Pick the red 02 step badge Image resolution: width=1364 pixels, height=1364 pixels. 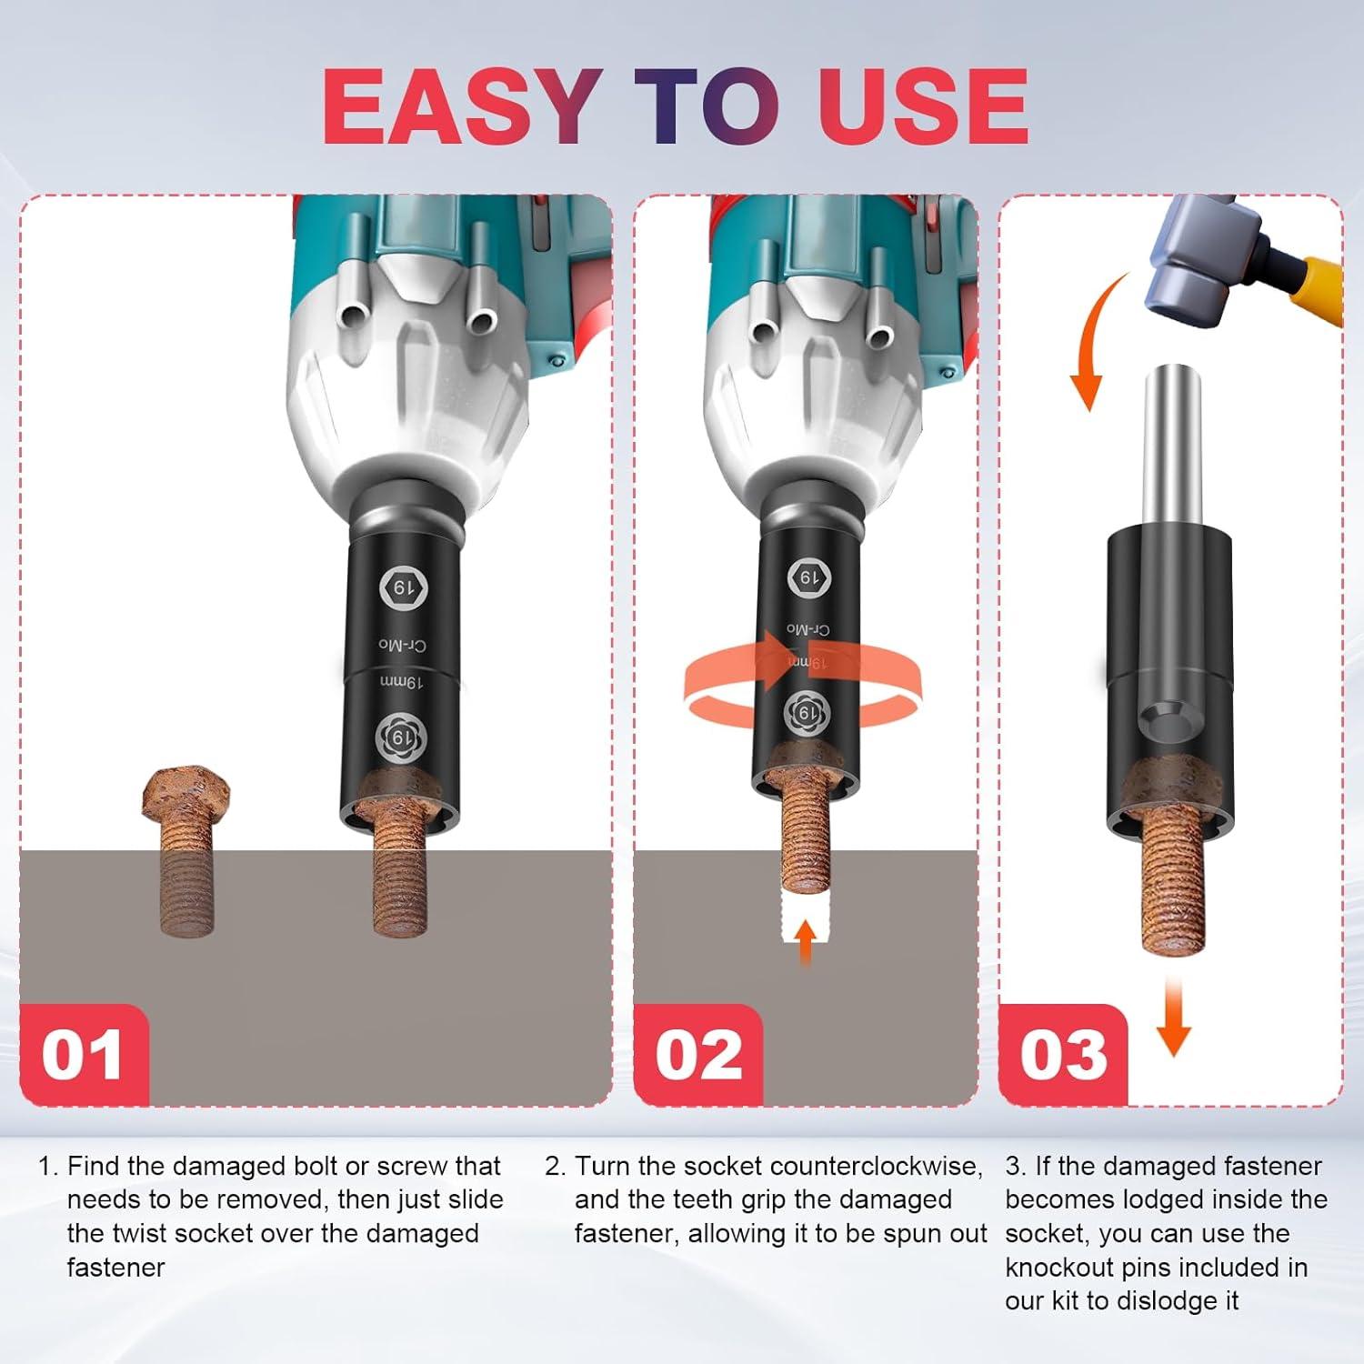tap(698, 1055)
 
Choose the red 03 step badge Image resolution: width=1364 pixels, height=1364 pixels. tap(1063, 1055)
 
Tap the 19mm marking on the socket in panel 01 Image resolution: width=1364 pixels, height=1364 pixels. tap(401, 681)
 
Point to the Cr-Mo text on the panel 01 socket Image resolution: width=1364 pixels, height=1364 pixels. tap(402, 645)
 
